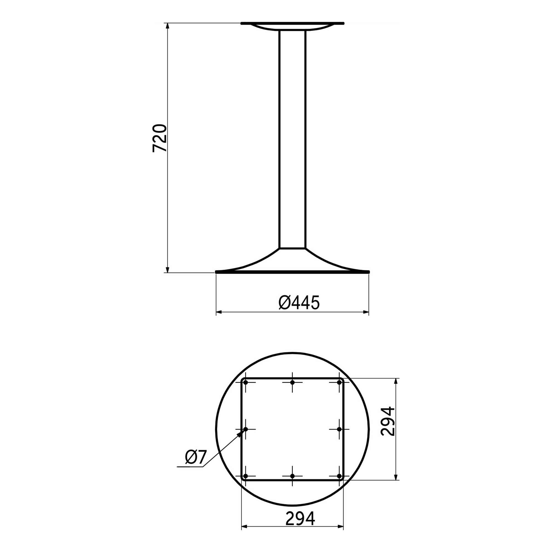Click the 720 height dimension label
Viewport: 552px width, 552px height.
click(x=160, y=138)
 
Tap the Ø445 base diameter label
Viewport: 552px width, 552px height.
click(x=299, y=303)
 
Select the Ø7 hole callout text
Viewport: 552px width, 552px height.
click(x=195, y=457)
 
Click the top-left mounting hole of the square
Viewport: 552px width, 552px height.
click(x=245, y=382)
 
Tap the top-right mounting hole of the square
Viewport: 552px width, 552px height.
click(x=339, y=382)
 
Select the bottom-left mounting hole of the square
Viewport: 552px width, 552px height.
click(x=245, y=476)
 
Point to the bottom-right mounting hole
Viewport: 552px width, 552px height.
click(x=339, y=476)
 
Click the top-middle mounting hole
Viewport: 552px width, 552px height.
click(x=292, y=382)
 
